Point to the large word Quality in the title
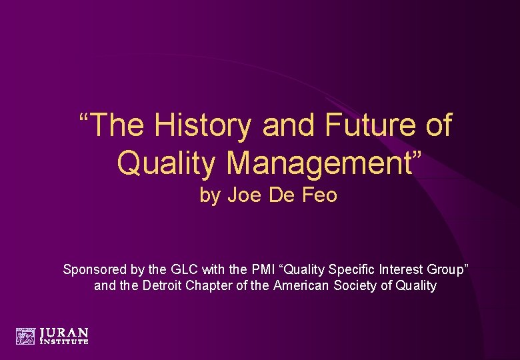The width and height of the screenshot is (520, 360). pyautogui.click(x=161, y=162)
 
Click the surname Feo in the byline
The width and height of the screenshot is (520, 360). pyautogui.click(x=321, y=195)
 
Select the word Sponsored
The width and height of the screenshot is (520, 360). pyautogui.click(x=94, y=269)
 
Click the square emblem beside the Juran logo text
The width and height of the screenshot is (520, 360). pyautogui.click(x=25, y=336)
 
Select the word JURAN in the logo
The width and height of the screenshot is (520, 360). pyautogui.click(x=64, y=332)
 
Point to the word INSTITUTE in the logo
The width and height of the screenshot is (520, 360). pyautogui.click(x=64, y=341)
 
